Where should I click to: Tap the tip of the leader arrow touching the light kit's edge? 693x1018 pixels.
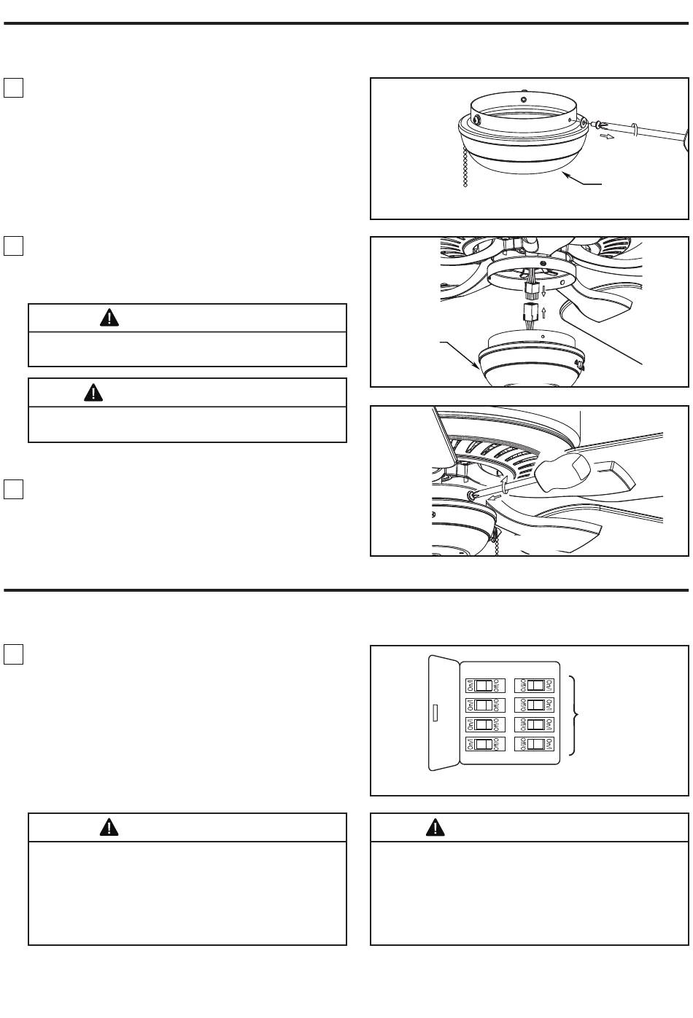click(x=479, y=369)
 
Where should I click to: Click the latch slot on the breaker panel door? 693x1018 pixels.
click(x=435, y=712)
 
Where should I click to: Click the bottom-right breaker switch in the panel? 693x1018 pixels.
click(x=535, y=744)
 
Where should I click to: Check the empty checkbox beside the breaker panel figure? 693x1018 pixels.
click(x=14, y=654)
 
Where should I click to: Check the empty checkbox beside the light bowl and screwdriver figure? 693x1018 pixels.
click(x=14, y=87)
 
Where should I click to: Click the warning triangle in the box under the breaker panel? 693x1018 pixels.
click(x=435, y=826)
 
